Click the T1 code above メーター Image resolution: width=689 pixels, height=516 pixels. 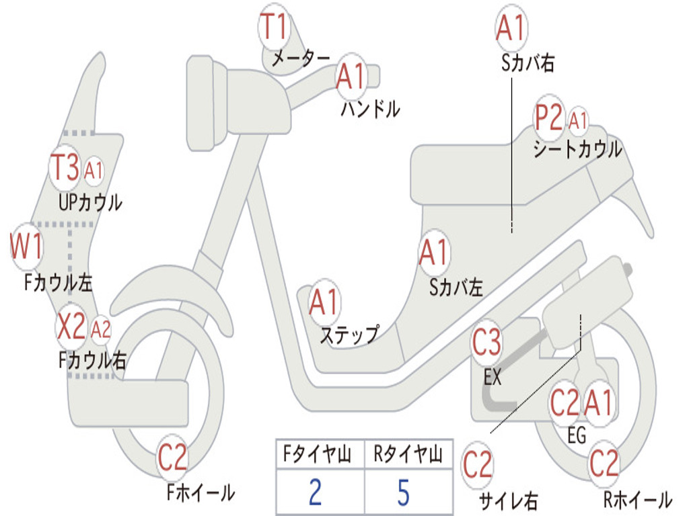point(273,26)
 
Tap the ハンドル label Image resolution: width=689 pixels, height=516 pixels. point(370,108)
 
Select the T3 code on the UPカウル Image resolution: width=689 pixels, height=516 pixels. point(65,167)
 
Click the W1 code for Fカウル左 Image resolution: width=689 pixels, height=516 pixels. point(26,246)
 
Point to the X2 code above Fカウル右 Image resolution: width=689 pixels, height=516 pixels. point(71,326)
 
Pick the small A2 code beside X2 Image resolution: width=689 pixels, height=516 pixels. point(101,329)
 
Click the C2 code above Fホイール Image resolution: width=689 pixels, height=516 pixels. point(172,458)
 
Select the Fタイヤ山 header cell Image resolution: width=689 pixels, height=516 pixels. point(318,454)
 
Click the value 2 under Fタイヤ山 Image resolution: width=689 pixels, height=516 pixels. point(315,492)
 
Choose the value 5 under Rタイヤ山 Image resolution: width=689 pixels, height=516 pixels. point(404,492)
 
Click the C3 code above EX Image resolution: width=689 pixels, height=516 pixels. point(486,342)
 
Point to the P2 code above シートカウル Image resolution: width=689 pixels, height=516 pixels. point(548,117)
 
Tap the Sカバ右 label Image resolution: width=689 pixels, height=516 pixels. point(528,62)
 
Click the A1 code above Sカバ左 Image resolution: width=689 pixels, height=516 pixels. point(434,252)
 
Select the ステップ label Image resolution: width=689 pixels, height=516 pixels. point(349,335)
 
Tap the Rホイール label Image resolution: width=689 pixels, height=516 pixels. point(638,499)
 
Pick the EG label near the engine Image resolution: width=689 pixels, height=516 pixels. point(576,435)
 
